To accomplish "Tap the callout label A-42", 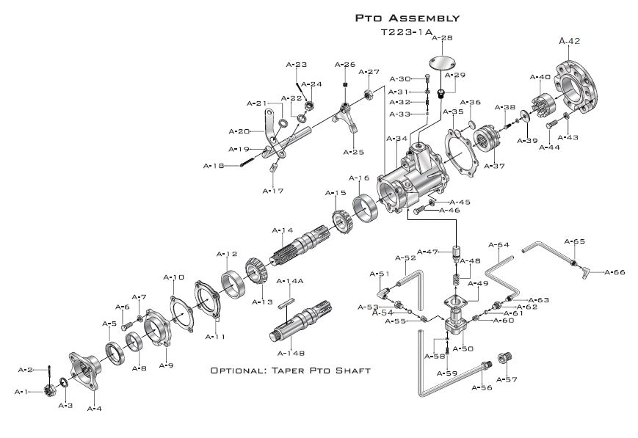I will pyautogui.click(x=570, y=41).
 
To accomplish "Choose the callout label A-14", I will pyautogui.click(x=282, y=230).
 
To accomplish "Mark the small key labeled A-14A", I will pyautogui.click(x=288, y=297).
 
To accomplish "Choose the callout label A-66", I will pyautogui.click(x=615, y=272).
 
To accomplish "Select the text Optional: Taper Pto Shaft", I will pyautogui.click(x=290, y=371).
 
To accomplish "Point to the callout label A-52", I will pyautogui.click(x=405, y=258).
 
